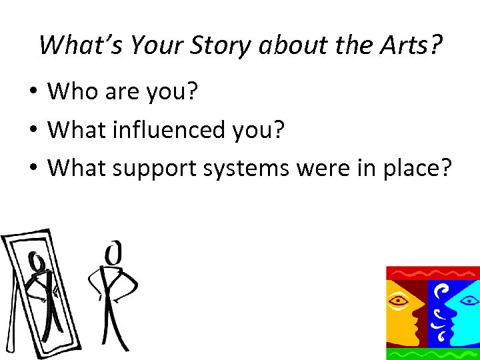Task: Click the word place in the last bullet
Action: (415, 169)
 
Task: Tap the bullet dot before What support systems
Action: (34, 169)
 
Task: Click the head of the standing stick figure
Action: (115, 253)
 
